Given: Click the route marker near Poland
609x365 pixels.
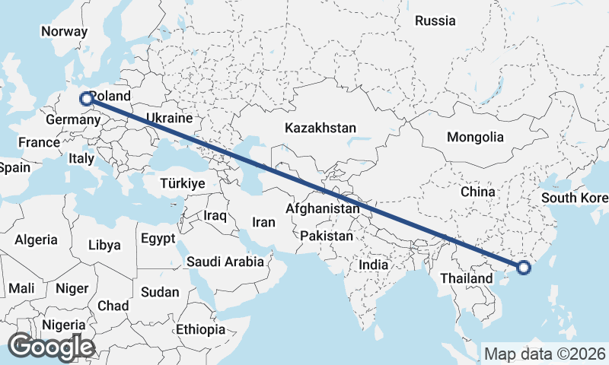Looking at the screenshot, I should (x=86, y=97).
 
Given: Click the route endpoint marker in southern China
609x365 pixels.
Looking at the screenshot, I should (x=524, y=267).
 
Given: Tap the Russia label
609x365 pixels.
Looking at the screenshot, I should (x=435, y=21).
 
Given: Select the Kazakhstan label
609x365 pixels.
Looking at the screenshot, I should (x=320, y=128).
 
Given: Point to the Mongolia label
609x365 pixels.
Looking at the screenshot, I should (x=475, y=138).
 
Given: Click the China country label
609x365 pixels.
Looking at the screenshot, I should (x=478, y=192).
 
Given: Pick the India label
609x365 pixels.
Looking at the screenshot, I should (x=374, y=265).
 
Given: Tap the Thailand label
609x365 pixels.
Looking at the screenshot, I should (x=466, y=278).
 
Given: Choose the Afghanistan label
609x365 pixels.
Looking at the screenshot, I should (x=323, y=208).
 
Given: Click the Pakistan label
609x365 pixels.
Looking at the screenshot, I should (x=327, y=236).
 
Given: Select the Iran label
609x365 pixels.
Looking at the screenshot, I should (x=263, y=222).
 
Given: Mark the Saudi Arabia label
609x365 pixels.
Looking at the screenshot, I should (x=225, y=262).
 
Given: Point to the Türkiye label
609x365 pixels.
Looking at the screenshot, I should (x=183, y=184).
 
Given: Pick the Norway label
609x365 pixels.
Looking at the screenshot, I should (x=64, y=32).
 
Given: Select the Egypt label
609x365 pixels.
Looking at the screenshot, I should (x=158, y=239).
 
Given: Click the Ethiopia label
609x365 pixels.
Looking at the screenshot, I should (x=200, y=329).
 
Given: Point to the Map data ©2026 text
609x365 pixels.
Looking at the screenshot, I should (x=545, y=354).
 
